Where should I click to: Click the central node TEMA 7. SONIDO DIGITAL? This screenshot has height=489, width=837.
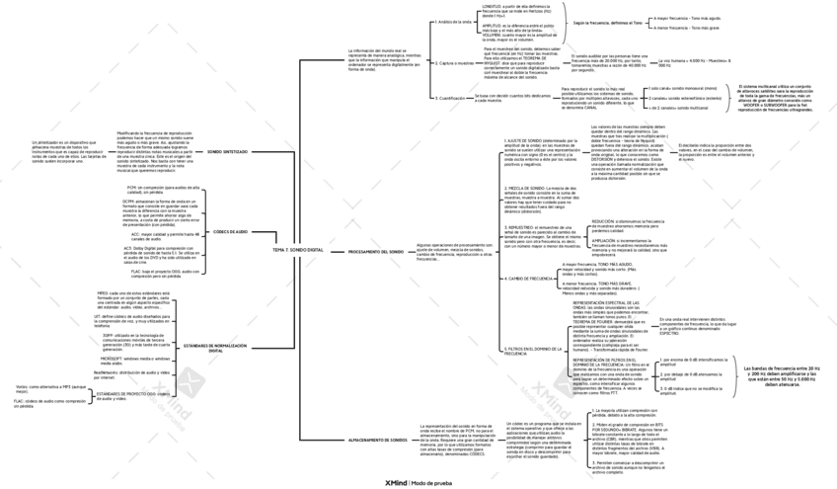pyautogui.click(x=297, y=250)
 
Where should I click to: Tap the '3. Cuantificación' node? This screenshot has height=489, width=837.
pyautogui.click(x=451, y=98)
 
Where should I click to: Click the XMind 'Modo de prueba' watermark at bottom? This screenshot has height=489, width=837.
pyautogui.click(x=418, y=482)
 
